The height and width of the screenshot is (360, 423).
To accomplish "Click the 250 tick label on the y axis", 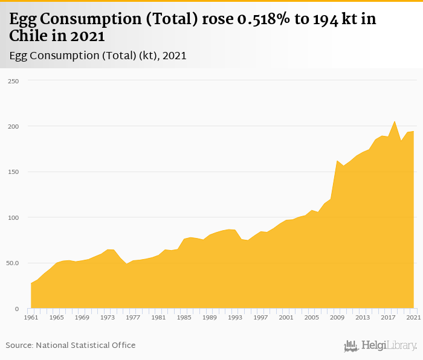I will (13, 81).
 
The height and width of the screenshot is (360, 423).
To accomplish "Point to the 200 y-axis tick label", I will (13, 126).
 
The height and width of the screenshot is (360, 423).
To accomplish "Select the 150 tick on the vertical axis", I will (13, 172).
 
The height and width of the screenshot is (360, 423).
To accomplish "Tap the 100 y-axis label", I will (13, 217).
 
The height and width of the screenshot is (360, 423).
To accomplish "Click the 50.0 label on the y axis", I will (12, 263).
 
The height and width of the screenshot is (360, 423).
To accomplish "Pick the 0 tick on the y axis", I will (18, 309).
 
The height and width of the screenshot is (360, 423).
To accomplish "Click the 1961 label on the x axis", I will (31, 317).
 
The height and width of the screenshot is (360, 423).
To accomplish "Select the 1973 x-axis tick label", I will (108, 317).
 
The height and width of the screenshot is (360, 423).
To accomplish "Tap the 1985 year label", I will (184, 317).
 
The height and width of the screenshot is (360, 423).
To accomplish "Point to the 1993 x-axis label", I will (235, 317).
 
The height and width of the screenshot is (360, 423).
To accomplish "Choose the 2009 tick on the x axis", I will (337, 317).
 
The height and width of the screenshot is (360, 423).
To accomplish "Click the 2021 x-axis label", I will (413, 317).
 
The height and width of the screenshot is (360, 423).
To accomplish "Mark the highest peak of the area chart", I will (395, 121).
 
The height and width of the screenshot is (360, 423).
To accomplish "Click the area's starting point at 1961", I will (31, 283).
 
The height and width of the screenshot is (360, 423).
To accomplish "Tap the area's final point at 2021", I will (413, 132).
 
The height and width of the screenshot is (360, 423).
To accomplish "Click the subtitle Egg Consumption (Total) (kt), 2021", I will (98, 56).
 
